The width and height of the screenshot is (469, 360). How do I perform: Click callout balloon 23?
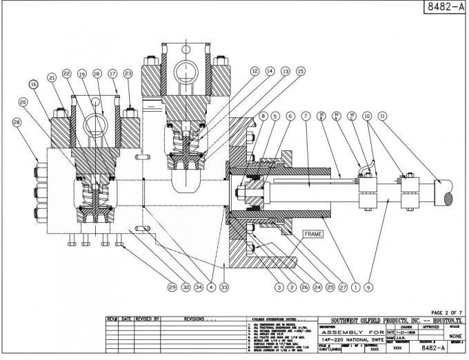click(x=127, y=73)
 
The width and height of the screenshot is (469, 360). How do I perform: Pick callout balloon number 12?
click(x=255, y=71)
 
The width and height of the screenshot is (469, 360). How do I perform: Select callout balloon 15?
click(x=300, y=71)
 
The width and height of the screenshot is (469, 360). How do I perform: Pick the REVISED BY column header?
click(x=148, y=319)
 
